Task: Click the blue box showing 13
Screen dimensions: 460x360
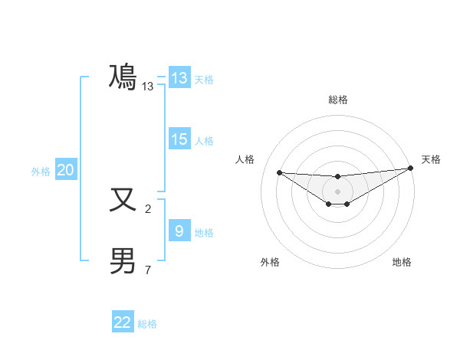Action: click(x=179, y=78)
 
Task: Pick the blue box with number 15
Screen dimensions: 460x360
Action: click(x=179, y=139)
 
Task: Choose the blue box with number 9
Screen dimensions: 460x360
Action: click(x=179, y=231)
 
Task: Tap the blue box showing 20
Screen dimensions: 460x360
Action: click(x=65, y=170)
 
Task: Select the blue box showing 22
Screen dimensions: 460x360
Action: click(x=123, y=322)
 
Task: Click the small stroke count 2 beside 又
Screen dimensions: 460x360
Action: click(x=148, y=208)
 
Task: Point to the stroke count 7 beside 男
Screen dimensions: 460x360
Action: click(x=148, y=270)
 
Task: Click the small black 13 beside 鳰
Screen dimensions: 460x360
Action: click(x=148, y=87)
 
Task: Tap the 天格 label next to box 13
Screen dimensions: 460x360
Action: click(x=204, y=80)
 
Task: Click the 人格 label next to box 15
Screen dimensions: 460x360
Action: click(x=204, y=141)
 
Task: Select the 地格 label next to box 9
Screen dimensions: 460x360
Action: click(x=204, y=233)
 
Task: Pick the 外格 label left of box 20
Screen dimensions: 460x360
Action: click(x=41, y=172)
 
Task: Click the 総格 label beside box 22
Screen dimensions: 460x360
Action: click(x=147, y=324)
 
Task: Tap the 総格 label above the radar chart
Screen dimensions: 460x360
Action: click(x=337, y=100)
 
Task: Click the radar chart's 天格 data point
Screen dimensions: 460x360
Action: click(x=410, y=169)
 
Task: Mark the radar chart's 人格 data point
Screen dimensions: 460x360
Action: click(x=279, y=172)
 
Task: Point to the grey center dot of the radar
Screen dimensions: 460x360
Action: click(x=337, y=191)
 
